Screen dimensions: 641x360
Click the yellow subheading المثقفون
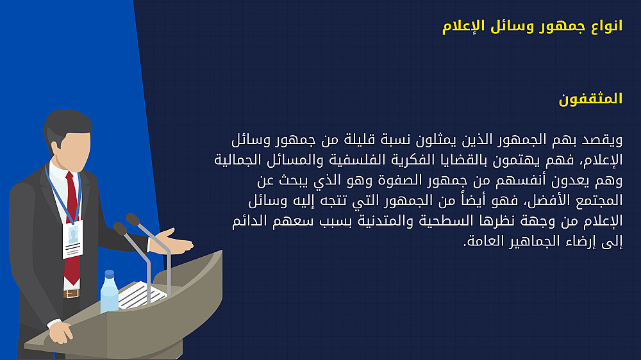coord(590,99)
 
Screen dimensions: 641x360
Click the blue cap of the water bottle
coord(109,274)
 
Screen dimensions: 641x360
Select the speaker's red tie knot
coord(70,176)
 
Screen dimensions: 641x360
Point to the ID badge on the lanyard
coord(73,240)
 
